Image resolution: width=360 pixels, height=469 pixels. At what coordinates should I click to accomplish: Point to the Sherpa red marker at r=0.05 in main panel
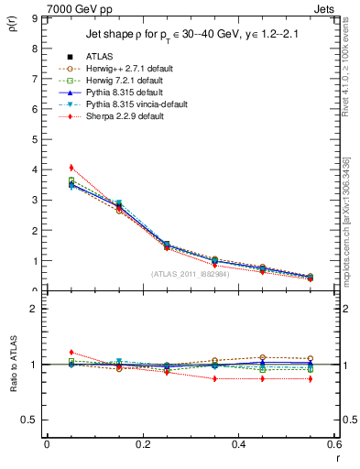71,168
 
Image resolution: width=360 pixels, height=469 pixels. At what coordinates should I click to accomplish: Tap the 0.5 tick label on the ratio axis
29,420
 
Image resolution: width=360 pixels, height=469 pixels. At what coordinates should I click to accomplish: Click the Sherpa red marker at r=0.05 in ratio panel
71,352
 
